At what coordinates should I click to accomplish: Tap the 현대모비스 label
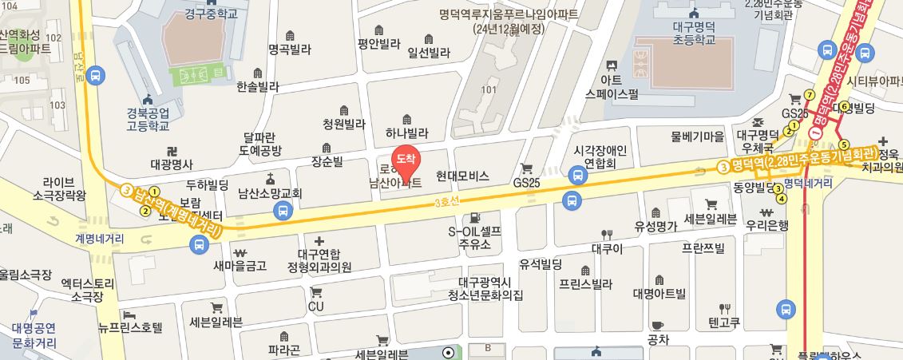click(462, 174)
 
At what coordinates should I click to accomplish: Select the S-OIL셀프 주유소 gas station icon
click(475, 216)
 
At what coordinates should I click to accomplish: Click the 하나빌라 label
click(407, 134)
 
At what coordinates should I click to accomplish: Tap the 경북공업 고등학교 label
click(148, 119)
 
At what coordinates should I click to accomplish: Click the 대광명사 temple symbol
click(172, 151)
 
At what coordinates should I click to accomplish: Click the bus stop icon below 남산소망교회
click(281, 211)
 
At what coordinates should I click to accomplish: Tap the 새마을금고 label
click(240, 266)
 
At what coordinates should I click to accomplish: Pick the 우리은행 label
click(767, 225)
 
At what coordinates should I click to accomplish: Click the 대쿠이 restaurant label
click(607, 247)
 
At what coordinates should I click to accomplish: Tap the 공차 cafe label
click(658, 339)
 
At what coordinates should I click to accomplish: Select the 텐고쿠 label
click(724, 322)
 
